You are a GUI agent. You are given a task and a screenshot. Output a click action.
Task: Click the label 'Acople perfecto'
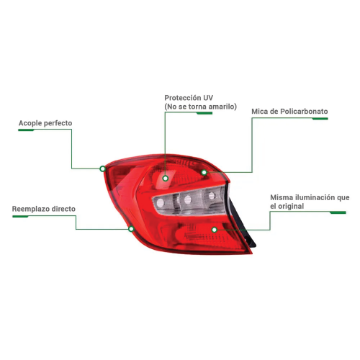point(45,123)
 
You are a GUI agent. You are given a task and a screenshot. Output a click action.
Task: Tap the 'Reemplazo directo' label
point(44,209)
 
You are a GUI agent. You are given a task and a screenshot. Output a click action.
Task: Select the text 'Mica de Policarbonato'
point(289,112)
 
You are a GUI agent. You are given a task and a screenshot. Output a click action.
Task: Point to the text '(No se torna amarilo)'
point(201,107)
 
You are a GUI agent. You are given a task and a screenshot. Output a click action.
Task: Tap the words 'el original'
point(287,206)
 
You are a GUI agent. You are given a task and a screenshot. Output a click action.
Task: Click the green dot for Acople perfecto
point(103,168)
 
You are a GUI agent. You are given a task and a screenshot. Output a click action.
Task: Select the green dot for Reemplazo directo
point(131,229)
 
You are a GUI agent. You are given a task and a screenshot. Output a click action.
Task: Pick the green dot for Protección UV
point(165,179)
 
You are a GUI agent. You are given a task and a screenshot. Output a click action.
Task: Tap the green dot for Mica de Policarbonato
point(204,172)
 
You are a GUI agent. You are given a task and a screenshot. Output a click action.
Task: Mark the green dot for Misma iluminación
point(215,230)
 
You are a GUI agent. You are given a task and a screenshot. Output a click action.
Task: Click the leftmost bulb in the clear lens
point(160,203)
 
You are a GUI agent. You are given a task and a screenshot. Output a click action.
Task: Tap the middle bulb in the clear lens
point(187,199)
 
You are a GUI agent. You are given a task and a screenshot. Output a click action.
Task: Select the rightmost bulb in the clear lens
point(212,196)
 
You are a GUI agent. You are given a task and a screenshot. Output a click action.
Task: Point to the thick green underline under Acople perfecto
point(26,130)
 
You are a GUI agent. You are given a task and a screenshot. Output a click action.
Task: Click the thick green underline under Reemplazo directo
point(20,217)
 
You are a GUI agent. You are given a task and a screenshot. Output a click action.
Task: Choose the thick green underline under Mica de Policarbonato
point(320,119)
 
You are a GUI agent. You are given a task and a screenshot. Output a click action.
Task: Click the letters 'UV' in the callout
point(208,98)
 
